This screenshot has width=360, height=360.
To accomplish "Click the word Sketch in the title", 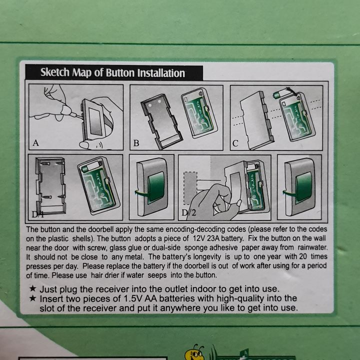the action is (55, 72).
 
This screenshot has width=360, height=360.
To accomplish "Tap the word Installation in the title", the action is (161, 73).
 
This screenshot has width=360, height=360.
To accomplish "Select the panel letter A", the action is (35, 143).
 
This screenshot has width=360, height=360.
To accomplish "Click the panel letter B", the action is (136, 143).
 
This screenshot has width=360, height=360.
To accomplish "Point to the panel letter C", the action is (235, 143).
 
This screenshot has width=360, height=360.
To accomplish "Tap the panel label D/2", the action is (188, 212).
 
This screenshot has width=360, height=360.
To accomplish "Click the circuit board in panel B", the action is (199, 113).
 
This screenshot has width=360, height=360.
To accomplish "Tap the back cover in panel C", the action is (257, 120).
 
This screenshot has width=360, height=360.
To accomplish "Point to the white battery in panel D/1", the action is (91, 166).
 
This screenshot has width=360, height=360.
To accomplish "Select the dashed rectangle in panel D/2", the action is (190, 188).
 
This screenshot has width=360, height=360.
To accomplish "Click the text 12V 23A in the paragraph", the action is (206, 238).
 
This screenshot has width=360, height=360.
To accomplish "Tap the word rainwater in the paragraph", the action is (312, 247).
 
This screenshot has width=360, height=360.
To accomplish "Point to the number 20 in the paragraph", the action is (303, 256).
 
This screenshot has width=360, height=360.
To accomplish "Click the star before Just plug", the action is (33, 288).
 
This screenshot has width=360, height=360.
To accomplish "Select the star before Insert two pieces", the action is (33, 298).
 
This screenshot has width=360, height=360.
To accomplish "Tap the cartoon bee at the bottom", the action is (195, 352).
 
